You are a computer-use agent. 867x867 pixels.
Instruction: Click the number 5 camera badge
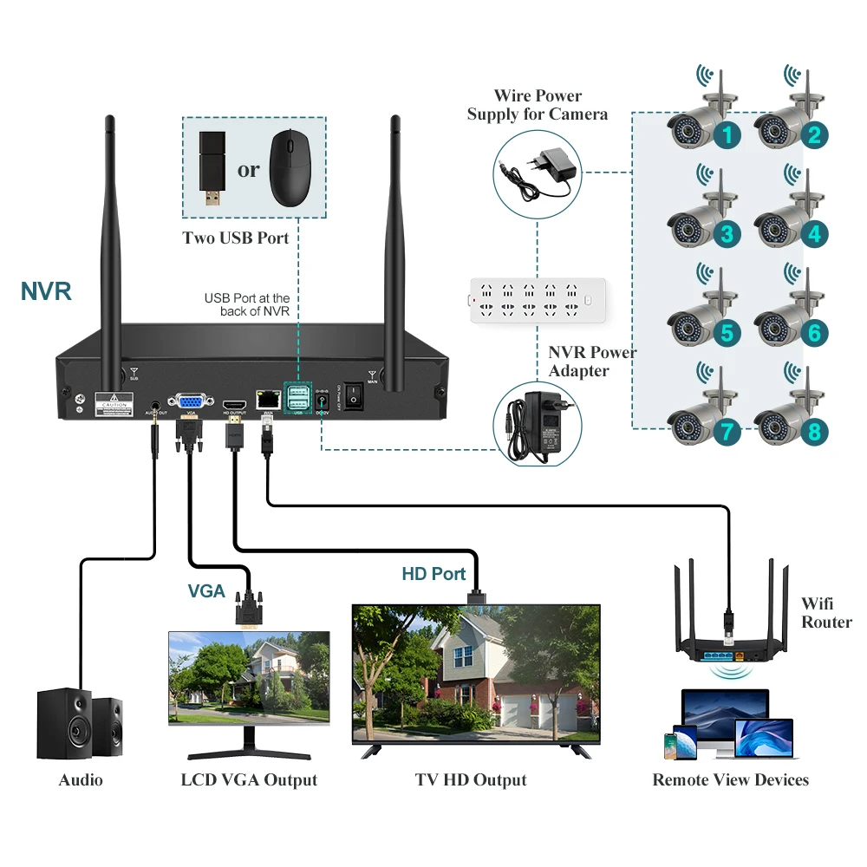click(x=727, y=333)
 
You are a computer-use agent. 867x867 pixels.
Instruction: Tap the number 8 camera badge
click(x=814, y=432)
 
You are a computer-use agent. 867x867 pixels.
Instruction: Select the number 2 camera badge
click(x=814, y=134)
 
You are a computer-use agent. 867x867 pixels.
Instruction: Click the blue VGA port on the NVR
click(x=190, y=401)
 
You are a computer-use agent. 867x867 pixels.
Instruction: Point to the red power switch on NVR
click(x=353, y=396)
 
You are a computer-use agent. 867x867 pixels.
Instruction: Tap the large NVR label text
click(x=46, y=290)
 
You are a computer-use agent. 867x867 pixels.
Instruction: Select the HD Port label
click(x=433, y=574)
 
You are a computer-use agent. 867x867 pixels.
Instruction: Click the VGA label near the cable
click(x=206, y=591)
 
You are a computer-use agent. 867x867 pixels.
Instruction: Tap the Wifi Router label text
click(x=826, y=613)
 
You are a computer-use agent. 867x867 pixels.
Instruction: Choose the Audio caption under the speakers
click(x=81, y=780)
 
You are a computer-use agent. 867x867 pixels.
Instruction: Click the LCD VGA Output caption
click(x=249, y=780)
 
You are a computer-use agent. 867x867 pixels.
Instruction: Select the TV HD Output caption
click(x=471, y=780)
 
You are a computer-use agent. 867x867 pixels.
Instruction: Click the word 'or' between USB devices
click(x=248, y=169)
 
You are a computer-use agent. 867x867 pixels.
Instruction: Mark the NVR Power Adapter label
click(x=592, y=362)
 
